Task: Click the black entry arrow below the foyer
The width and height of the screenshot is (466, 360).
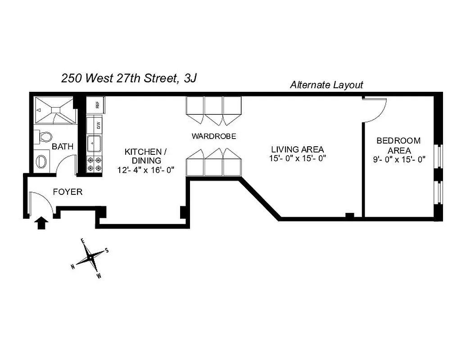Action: pyautogui.click(x=41, y=223)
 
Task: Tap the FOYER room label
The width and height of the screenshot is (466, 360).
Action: pyautogui.click(x=68, y=192)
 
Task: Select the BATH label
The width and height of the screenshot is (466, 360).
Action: pyautogui.click(x=60, y=146)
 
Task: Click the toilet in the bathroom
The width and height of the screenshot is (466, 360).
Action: pyautogui.click(x=45, y=136)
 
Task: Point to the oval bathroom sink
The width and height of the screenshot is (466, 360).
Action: pyautogui.click(x=41, y=161)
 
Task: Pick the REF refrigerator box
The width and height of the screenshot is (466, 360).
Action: pyautogui.click(x=96, y=105)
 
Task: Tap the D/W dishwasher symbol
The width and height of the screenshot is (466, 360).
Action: pyautogui.click(x=95, y=124)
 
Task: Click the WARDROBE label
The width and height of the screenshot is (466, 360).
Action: pyautogui.click(x=213, y=136)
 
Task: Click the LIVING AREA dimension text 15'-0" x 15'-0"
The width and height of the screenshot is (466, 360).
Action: pyautogui.click(x=297, y=158)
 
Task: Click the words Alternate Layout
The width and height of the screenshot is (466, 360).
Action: pyautogui.click(x=326, y=85)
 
